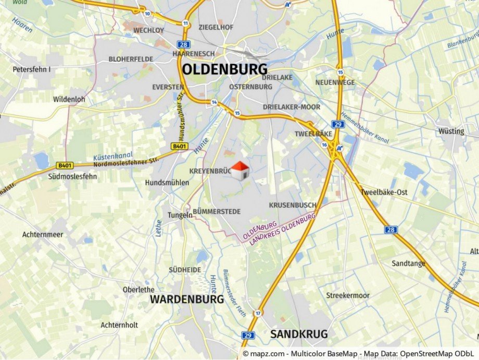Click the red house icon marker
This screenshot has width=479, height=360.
(240, 170)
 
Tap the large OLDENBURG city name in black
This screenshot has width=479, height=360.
(224, 69)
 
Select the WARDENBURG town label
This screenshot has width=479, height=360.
(187, 300)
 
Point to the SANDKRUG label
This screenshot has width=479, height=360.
(298, 334)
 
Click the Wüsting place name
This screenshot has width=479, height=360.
(451, 131)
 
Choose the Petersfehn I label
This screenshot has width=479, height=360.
(32, 69)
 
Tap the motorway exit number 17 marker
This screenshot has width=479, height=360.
(258, 313)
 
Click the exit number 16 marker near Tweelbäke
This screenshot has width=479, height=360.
(324, 145)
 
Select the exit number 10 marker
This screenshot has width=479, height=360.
(148, 14)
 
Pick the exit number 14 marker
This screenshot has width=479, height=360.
(214, 102)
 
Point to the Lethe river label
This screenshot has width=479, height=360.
(158, 228)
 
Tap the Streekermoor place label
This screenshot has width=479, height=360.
(348, 295)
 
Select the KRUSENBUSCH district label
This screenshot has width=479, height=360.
(292, 205)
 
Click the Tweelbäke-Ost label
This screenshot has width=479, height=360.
(384, 192)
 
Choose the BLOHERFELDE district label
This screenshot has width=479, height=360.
(131, 59)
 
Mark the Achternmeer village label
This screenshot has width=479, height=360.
(43, 234)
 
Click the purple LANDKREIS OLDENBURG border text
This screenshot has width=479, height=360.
(283, 230)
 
